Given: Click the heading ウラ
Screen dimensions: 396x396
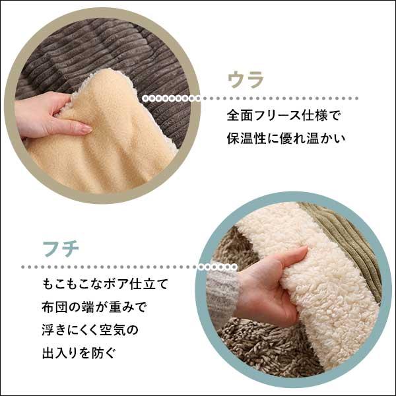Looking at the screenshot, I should pyautogui.click(x=246, y=80).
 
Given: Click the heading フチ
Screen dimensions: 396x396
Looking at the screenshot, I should pyautogui.click(x=61, y=249).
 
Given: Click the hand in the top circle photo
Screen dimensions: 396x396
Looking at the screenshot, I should pyautogui.click(x=46, y=115).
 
